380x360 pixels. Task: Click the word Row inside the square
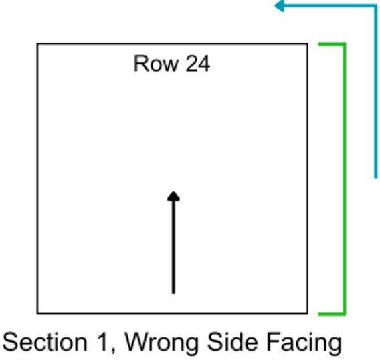157,64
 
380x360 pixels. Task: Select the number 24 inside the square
198,64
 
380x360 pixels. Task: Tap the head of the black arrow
173,196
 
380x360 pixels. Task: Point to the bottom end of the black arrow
173,293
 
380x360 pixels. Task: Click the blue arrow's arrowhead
279,6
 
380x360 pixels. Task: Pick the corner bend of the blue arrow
375,6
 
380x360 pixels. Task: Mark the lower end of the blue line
375,178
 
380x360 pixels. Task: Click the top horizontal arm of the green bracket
332,44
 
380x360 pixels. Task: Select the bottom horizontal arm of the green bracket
332,314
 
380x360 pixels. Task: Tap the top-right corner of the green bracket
345,44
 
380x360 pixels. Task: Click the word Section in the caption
45,342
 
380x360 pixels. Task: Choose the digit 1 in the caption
102,342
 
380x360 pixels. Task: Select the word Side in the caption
232,342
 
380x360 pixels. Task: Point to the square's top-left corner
37,44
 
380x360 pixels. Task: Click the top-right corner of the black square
308,44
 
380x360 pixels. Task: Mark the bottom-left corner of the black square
37,314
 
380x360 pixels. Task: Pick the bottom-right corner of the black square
308,314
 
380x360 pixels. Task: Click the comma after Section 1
113,350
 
